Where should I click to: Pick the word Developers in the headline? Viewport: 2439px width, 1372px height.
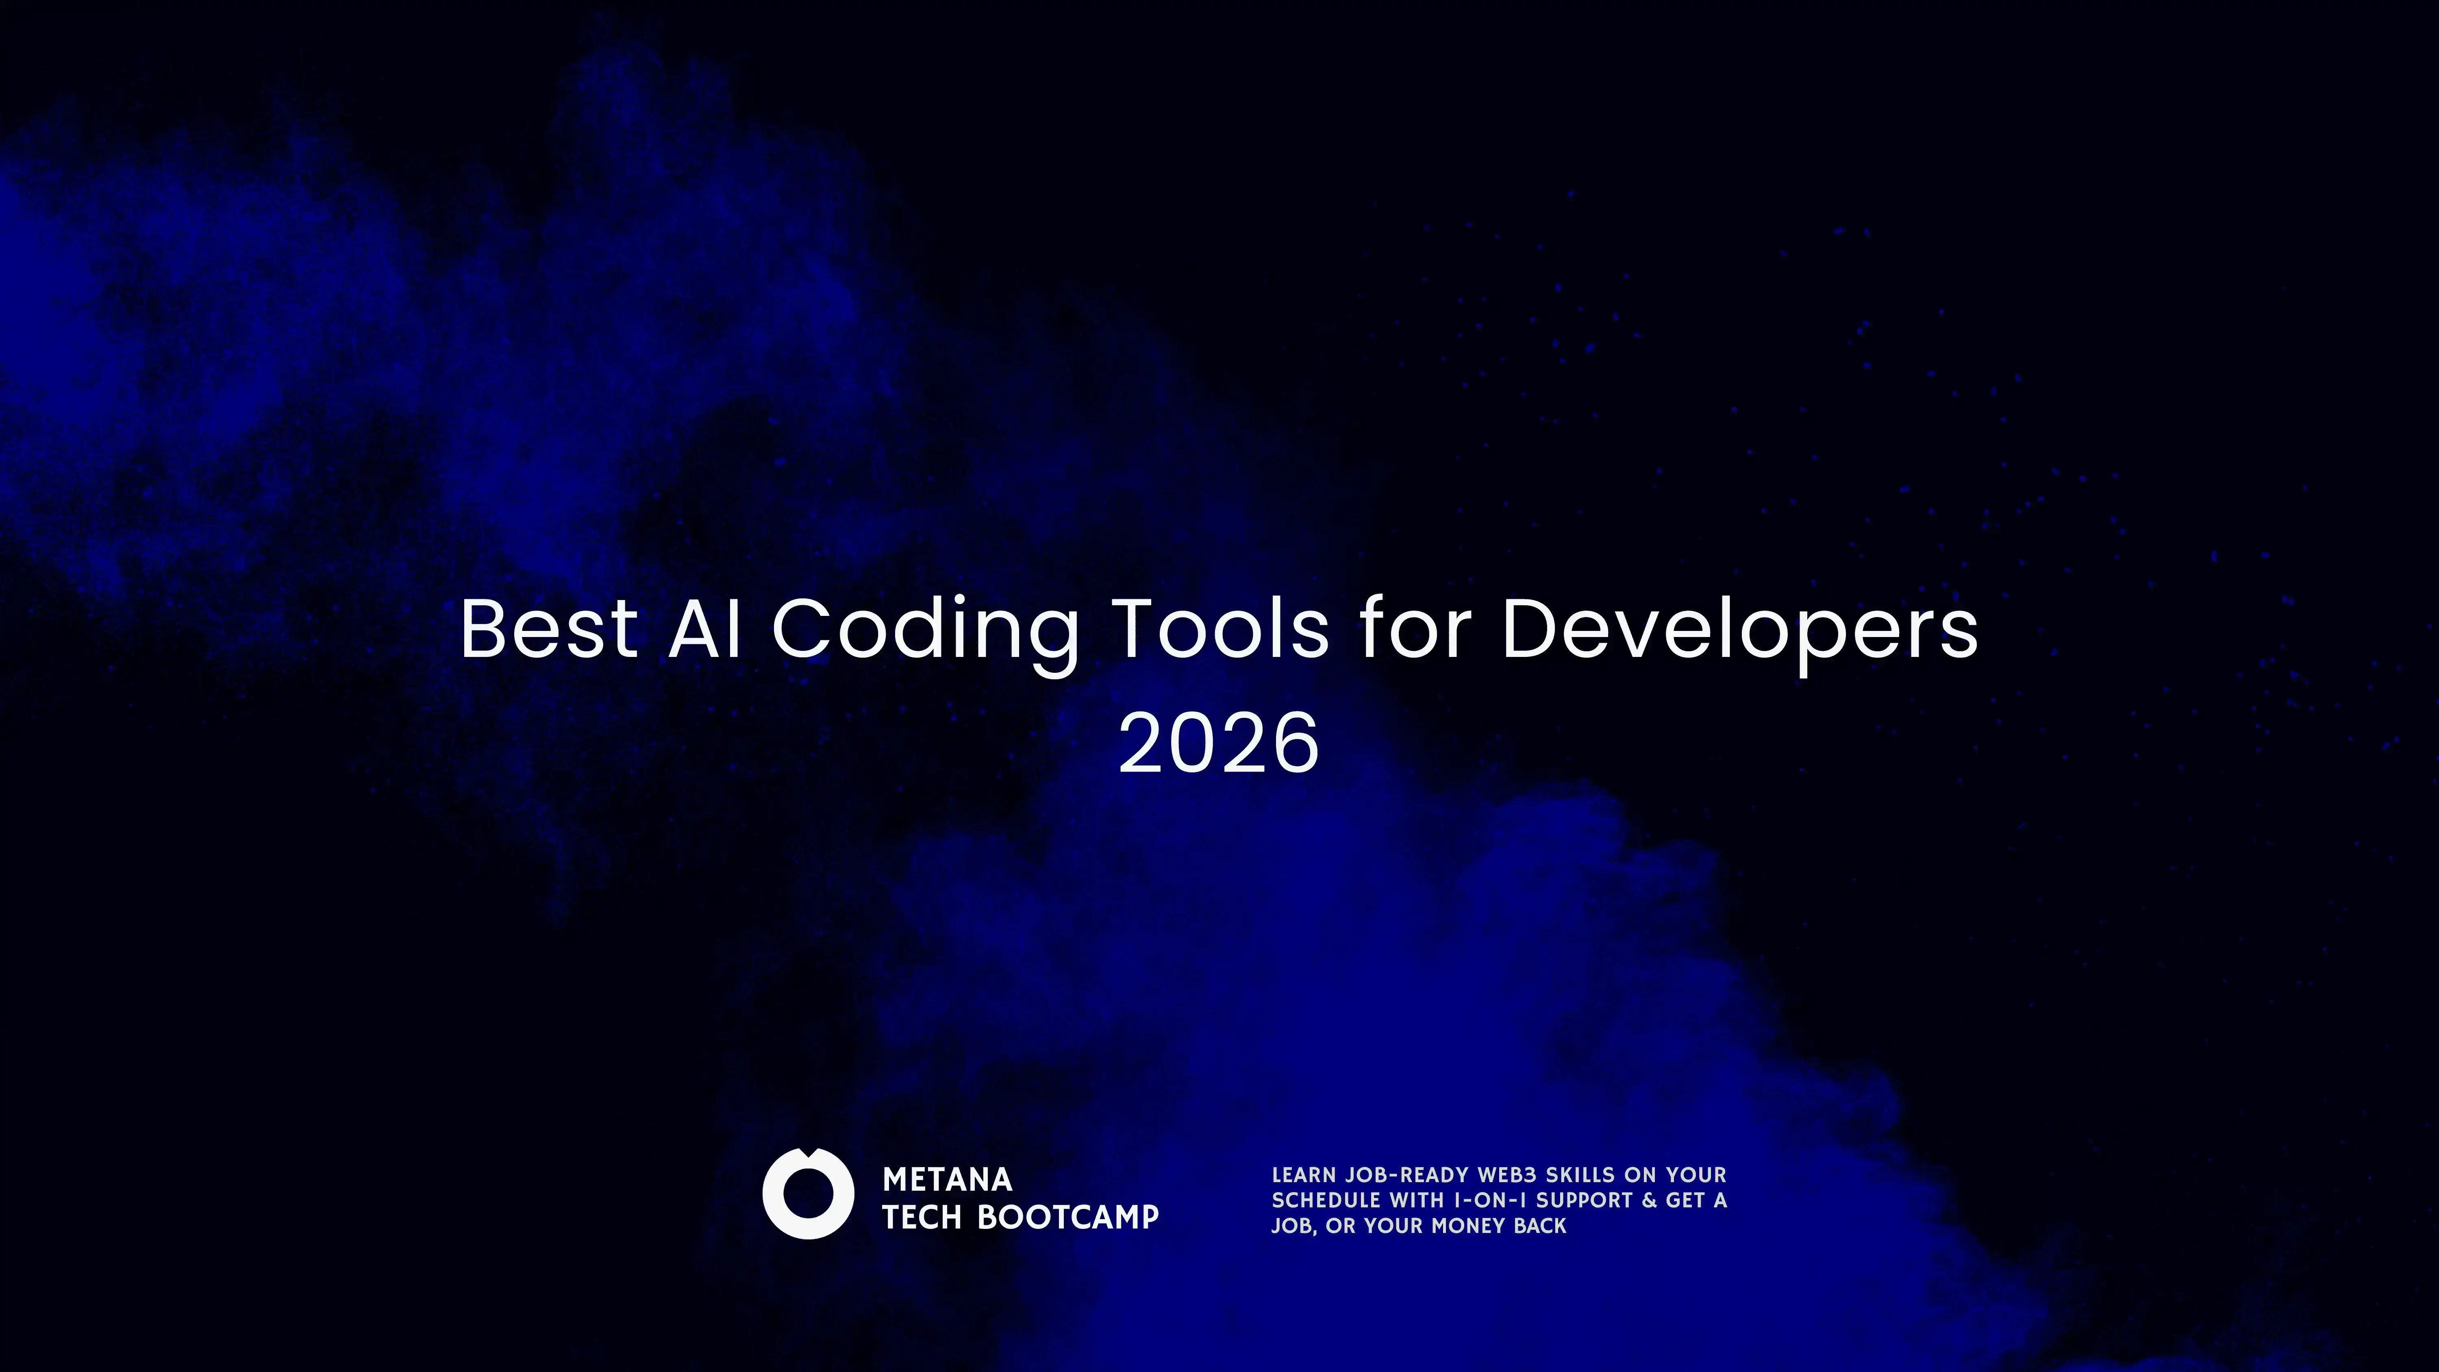click(x=1739, y=630)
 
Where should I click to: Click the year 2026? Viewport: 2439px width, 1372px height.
click(x=1219, y=743)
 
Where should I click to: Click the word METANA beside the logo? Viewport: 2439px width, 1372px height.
click(x=947, y=1180)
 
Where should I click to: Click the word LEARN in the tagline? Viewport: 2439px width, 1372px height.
click(x=1303, y=1175)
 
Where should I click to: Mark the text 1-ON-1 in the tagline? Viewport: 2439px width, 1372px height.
click(x=1489, y=1200)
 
